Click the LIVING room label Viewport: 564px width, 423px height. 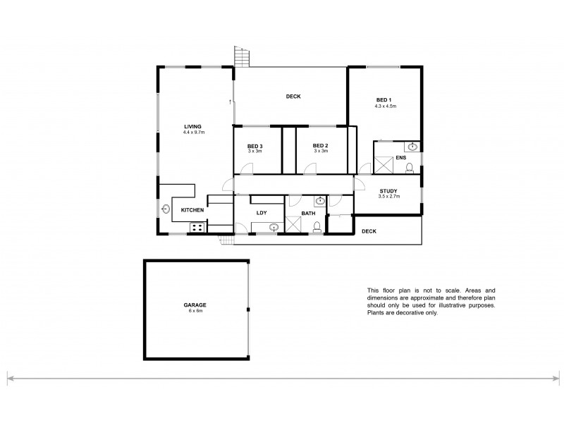(192, 127)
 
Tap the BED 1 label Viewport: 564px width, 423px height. (384, 101)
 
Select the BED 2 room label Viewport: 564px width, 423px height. (321, 145)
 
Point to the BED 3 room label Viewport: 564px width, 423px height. (255, 145)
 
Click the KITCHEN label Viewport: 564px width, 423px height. (192, 210)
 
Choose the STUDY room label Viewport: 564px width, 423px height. (388, 191)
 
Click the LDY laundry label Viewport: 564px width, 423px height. (261, 212)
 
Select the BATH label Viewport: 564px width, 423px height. (309, 213)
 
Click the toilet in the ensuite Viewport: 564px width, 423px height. (408, 168)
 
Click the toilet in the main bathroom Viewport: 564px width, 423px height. (317, 226)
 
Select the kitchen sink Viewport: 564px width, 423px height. (166, 209)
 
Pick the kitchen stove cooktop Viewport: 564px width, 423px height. (196, 227)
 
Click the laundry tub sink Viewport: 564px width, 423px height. (274, 227)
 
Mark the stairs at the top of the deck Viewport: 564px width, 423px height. (243, 55)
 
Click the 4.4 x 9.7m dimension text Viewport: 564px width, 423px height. (192, 133)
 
